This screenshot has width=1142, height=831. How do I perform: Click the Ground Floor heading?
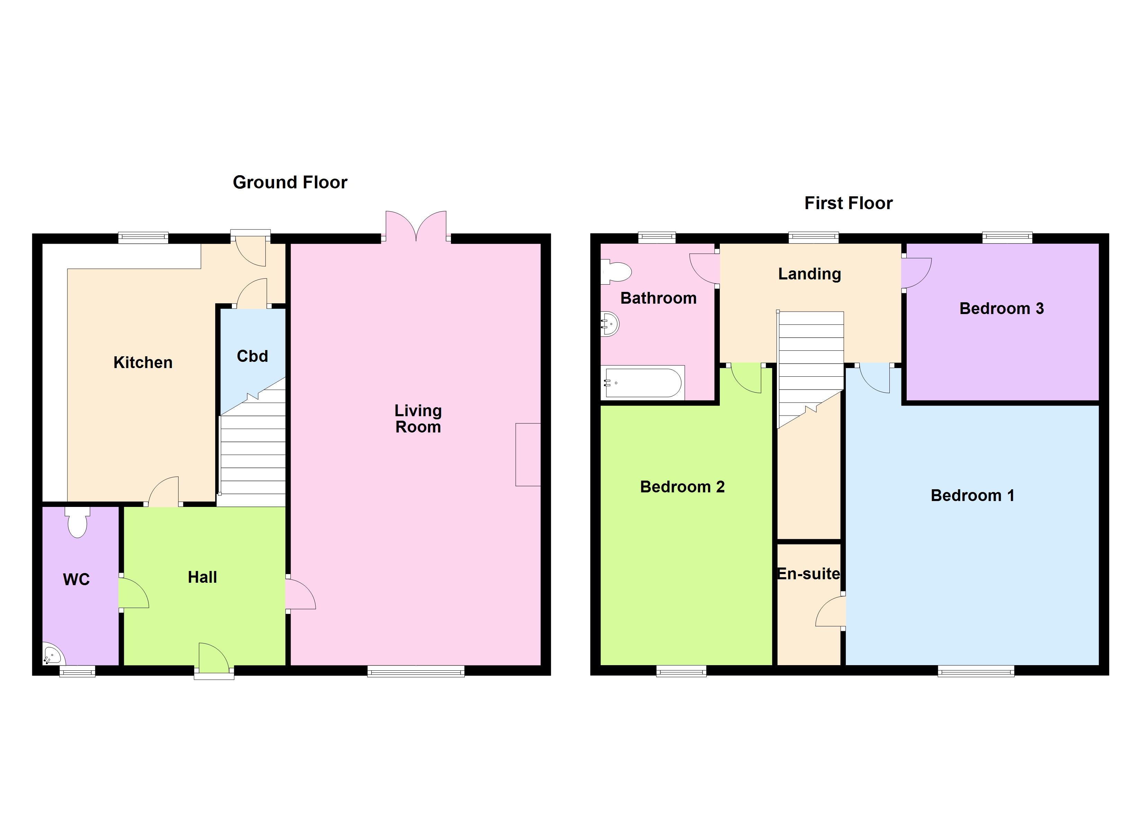pyautogui.click(x=290, y=182)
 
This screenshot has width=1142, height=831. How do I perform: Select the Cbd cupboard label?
pyautogui.click(x=252, y=356)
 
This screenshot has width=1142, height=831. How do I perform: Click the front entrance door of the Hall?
pyautogui.click(x=214, y=659)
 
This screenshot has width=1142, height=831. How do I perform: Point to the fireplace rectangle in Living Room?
pyautogui.click(x=528, y=455)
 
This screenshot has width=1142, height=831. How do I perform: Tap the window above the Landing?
pyautogui.click(x=813, y=237)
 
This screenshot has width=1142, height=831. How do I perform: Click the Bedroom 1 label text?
pyautogui.click(x=972, y=495)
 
